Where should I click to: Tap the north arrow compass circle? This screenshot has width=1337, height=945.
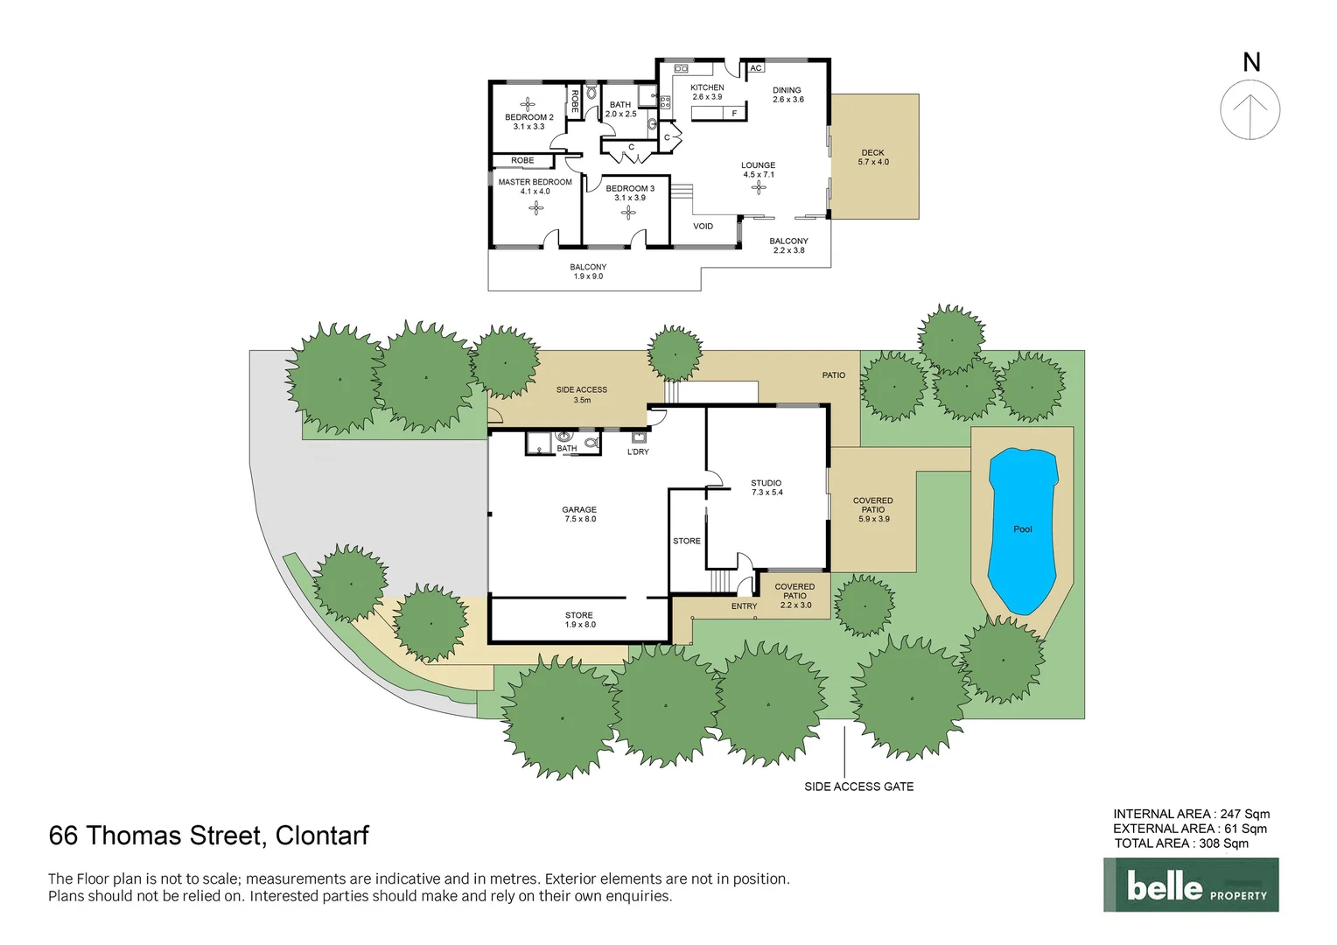click(x=1250, y=110)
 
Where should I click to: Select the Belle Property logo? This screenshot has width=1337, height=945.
click(x=1191, y=885)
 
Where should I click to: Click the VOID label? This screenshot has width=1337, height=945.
click(x=703, y=227)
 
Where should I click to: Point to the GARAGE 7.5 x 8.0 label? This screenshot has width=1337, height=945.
click(x=579, y=514)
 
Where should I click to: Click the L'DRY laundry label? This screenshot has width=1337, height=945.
click(x=638, y=452)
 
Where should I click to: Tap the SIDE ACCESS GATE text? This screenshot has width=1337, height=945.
click(x=858, y=787)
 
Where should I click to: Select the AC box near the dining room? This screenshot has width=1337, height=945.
click(x=756, y=68)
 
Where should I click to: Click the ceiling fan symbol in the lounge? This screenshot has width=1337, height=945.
click(x=759, y=187)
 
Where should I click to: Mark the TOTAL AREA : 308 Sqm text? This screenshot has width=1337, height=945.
click(x=1181, y=843)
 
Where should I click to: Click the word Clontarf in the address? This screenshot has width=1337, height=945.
click(x=322, y=836)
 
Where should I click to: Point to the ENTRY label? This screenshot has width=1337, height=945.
click(x=744, y=606)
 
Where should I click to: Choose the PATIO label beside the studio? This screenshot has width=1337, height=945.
click(x=833, y=375)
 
